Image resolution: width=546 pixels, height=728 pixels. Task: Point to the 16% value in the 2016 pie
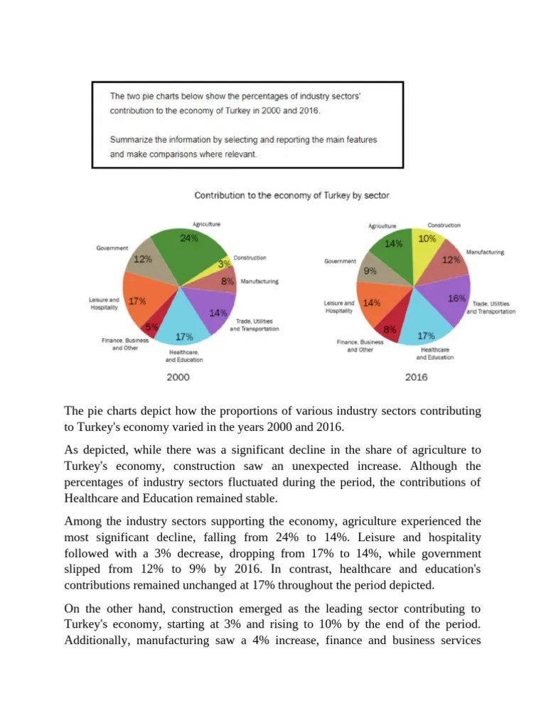(x=456, y=299)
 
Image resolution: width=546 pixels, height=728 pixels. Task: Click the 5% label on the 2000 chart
(x=151, y=327)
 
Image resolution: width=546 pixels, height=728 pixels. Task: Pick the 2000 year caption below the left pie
(x=178, y=378)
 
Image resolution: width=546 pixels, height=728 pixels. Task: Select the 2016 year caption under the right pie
(x=417, y=378)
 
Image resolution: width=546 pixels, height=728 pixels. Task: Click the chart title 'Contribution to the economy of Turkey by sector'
(x=291, y=195)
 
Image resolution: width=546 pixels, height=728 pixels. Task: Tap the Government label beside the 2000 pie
(x=112, y=248)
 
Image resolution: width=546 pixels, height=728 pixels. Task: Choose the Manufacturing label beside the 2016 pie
(x=485, y=252)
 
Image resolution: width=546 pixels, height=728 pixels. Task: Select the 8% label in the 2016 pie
(x=390, y=330)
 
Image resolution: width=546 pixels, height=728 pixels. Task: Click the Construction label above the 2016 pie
(x=444, y=225)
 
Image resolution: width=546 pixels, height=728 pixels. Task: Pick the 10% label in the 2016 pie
(x=427, y=239)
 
